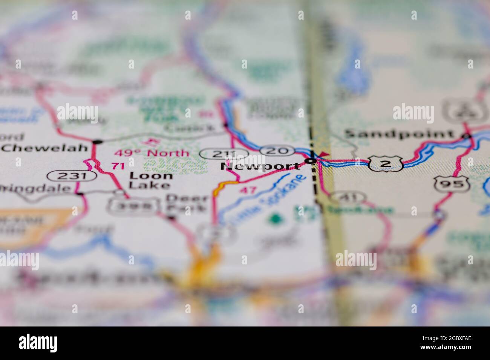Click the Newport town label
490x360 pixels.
coord(260,166)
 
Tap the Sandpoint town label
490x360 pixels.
coord(399,134)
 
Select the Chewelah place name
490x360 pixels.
coord(44,148)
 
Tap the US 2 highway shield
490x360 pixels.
coord(383,164)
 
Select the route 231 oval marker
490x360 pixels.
coord(72,175)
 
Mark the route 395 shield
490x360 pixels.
coord(132,206)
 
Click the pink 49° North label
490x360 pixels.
coord(152,153)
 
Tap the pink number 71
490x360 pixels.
coord(118,166)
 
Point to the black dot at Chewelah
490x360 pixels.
coord(98,142)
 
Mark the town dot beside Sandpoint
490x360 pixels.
coord(467,136)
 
